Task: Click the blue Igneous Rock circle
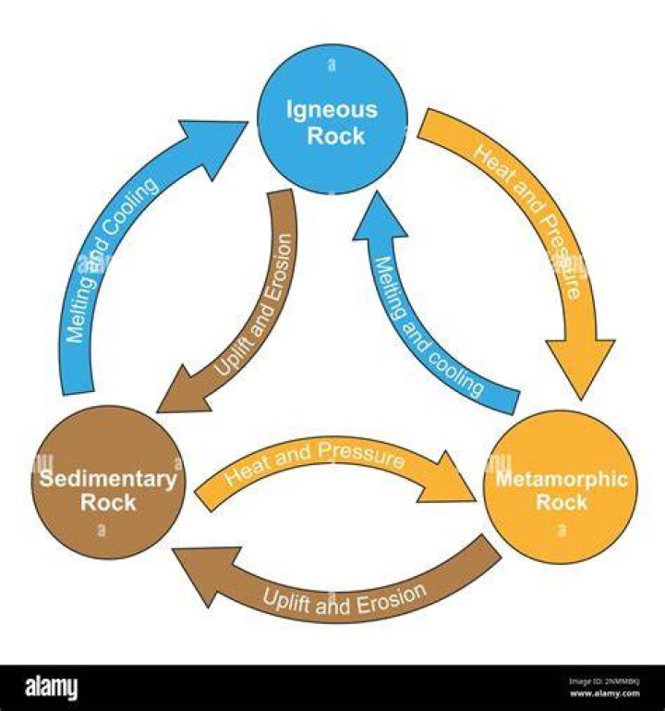click(332, 119)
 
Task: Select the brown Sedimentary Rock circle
click(108, 482)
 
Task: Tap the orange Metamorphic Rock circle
click(561, 487)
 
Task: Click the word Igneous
click(332, 110)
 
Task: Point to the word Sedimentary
click(108, 480)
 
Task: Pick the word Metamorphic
click(562, 479)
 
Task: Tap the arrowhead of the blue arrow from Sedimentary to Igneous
click(213, 147)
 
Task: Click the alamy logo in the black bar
click(51, 687)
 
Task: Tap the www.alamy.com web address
click(605, 693)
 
